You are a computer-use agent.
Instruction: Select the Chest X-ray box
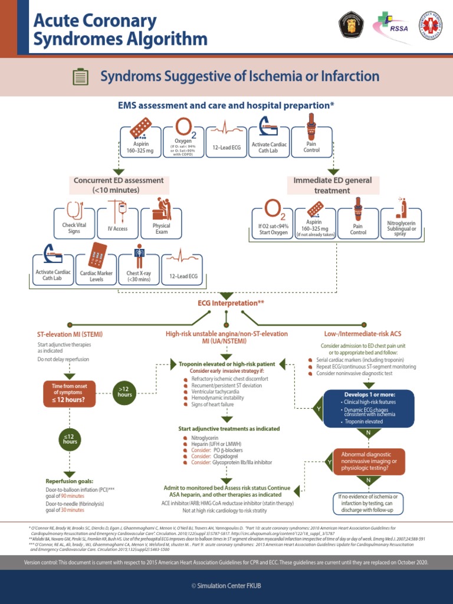point(140,269)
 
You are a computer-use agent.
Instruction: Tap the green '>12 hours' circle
point(124,390)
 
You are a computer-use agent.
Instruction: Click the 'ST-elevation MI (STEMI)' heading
point(70,334)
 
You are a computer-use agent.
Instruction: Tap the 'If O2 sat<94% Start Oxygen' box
point(273,223)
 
